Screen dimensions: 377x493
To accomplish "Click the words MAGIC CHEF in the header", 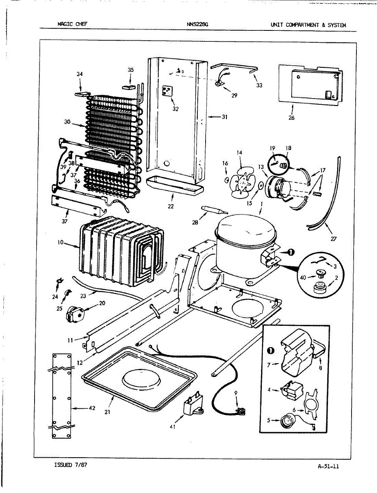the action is click(72, 24).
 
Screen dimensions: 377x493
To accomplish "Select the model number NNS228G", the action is click(197, 24).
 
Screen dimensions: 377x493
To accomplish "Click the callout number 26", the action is click(291, 117).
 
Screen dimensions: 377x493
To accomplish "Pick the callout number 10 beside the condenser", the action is click(60, 242).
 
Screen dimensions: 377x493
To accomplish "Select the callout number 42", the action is click(92, 408).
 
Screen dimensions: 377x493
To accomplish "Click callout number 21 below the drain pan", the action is click(107, 412).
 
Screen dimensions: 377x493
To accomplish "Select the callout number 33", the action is click(259, 85).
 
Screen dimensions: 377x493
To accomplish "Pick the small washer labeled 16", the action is click(227, 180).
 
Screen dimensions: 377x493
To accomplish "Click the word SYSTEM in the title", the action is click(337, 25).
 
